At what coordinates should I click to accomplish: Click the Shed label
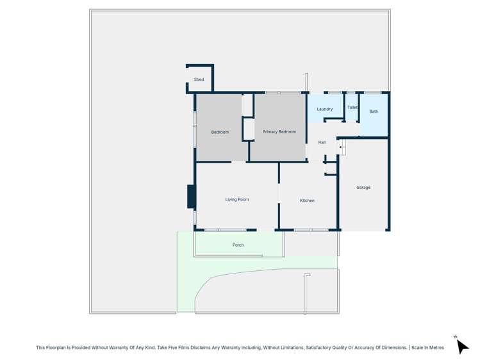[x=199, y=79]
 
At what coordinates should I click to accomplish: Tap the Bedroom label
[x=220, y=132]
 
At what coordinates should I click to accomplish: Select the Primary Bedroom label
[x=279, y=131]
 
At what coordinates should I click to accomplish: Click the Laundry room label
[x=325, y=109]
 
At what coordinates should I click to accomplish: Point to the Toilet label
[x=352, y=107]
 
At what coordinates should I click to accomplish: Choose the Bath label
[x=374, y=111]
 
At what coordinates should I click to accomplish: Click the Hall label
[x=322, y=142]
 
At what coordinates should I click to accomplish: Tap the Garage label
[x=363, y=188]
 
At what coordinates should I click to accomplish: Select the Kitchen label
[x=307, y=200]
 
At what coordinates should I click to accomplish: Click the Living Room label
[x=237, y=199]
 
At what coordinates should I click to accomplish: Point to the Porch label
[x=238, y=245]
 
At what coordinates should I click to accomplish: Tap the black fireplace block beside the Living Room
[x=190, y=197]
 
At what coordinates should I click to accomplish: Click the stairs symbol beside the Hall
[x=342, y=148]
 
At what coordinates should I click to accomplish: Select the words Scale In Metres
[x=428, y=348]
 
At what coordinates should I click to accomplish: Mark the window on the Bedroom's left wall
[x=195, y=130]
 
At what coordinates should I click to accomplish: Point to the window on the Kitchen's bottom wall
[x=311, y=229]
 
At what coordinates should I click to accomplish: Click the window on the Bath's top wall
[x=373, y=93]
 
